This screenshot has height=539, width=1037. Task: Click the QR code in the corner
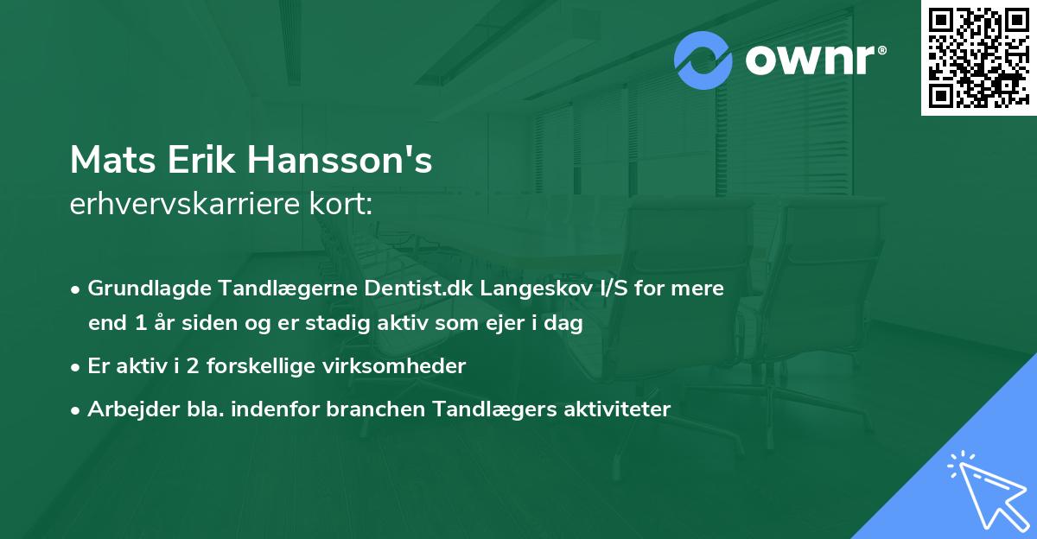pos(978,57)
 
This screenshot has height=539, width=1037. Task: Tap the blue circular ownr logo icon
pos(703,60)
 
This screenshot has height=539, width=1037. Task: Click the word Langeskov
pos(528,288)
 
